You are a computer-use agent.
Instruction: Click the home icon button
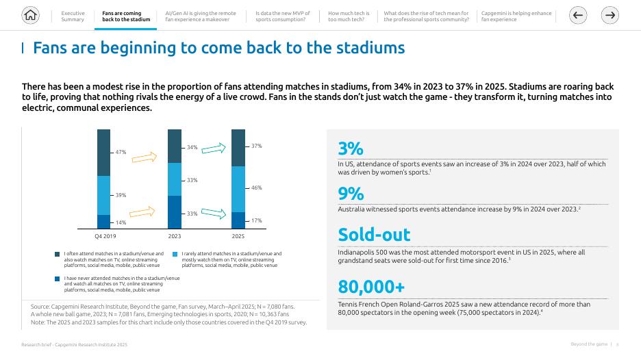click(x=30, y=15)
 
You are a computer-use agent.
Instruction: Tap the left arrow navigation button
click(x=578, y=15)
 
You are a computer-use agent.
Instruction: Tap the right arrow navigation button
click(x=610, y=15)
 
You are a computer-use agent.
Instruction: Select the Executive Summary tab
click(x=73, y=16)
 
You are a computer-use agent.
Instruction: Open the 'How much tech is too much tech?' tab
click(x=349, y=16)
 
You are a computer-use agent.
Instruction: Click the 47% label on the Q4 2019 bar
click(x=121, y=152)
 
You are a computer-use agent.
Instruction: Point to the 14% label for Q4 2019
click(x=121, y=222)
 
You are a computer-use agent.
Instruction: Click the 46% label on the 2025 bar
click(x=256, y=188)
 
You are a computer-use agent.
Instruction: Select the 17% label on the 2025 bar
click(x=256, y=220)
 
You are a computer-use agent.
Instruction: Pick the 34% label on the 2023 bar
click(x=192, y=147)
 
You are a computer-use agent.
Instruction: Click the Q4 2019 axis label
click(x=105, y=237)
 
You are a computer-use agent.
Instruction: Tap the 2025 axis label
click(x=238, y=237)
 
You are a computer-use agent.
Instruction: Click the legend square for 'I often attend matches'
click(x=58, y=255)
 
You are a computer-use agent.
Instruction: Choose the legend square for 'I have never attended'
click(x=58, y=279)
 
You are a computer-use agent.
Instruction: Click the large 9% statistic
click(x=351, y=193)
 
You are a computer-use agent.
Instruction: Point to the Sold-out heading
click(x=374, y=234)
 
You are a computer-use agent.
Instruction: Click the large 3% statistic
click(x=351, y=149)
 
